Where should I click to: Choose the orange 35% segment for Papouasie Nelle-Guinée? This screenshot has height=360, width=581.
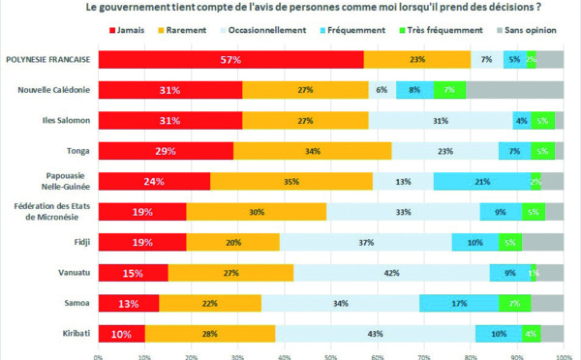pyautogui.click(x=291, y=181)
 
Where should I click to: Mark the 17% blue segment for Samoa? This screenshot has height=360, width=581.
pyautogui.click(x=459, y=303)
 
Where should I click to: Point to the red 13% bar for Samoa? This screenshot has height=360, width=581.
pyautogui.click(x=129, y=303)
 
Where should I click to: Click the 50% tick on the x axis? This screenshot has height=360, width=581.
pyautogui.click(x=331, y=355)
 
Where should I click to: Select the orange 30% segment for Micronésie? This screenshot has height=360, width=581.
pyautogui.click(x=257, y=212)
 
